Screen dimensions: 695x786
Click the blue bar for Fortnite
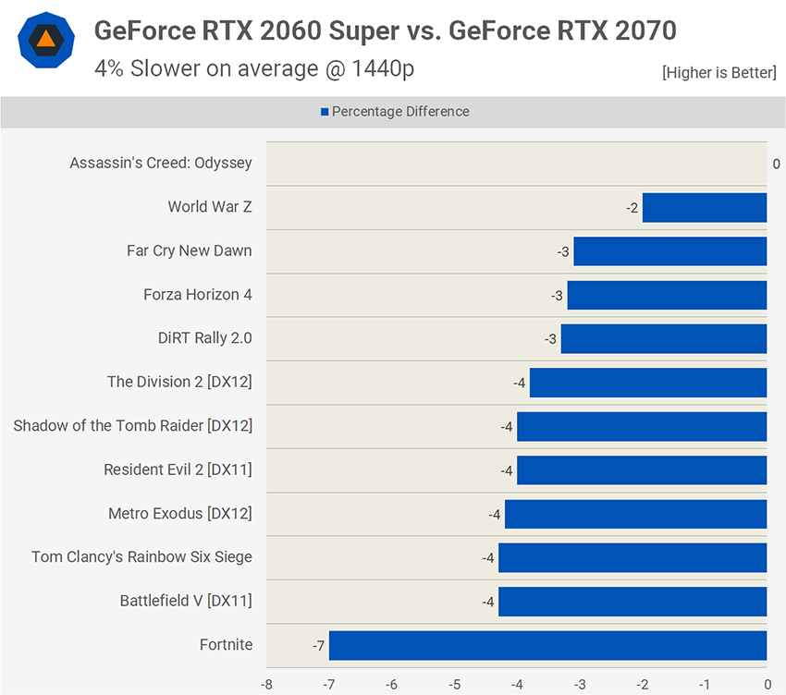(547, 645)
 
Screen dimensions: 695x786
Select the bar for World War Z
(705, 207)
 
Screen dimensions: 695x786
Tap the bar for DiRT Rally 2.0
(664, 338)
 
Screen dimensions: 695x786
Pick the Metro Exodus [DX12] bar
(635, 514)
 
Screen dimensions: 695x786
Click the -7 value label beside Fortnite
(318, 645)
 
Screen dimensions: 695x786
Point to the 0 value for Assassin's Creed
(777, 164)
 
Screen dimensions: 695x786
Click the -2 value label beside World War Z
(632, 208)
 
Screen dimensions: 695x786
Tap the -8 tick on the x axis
(266, 685)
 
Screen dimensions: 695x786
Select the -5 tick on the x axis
(454, 685)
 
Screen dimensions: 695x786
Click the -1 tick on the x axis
(705, 685)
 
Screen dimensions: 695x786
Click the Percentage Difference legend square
(325, 112)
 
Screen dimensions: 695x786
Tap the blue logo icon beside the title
(43, 41)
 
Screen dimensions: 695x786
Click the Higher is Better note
(718, 73)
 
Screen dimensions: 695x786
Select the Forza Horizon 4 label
(198, 295)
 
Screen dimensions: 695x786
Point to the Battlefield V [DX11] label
(186, 601)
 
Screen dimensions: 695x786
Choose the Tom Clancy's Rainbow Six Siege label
(141, 557)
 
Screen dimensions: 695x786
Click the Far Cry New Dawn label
(190, 250)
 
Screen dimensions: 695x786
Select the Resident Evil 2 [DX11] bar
(642, 469)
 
